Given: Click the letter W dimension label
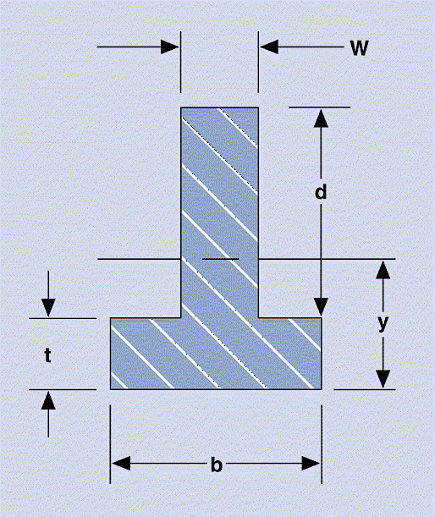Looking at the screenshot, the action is click(359, 48).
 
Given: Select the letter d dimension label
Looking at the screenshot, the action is click(321, 191).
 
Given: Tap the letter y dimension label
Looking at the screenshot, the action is click(383, 323).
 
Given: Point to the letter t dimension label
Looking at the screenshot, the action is click(48, 355).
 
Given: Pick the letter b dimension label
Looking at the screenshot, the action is click(217, 465).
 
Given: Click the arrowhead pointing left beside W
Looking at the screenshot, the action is click(269, 47).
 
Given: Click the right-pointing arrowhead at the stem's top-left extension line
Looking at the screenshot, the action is click(170, 47).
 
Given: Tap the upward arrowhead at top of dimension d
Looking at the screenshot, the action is click(321, 118).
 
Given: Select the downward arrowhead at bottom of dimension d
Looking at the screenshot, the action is click(321, 306).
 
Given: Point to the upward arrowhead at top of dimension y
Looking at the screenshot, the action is click(383, 270).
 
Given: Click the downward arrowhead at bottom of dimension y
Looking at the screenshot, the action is click(383, 379).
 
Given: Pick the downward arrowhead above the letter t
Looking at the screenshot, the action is click(48, 308).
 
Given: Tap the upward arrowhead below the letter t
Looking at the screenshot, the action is click(48, 400).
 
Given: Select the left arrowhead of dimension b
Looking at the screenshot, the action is click(121, 464).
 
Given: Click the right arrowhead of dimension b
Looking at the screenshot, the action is click(311, 464).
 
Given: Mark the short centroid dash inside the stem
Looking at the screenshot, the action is click(220, 259).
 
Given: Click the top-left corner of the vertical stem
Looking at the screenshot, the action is click(181, 107).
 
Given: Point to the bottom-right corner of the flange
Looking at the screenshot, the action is click(322, 389).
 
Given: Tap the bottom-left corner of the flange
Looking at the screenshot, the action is click(111, 389).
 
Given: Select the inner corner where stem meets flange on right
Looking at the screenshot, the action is click(258, 318).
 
